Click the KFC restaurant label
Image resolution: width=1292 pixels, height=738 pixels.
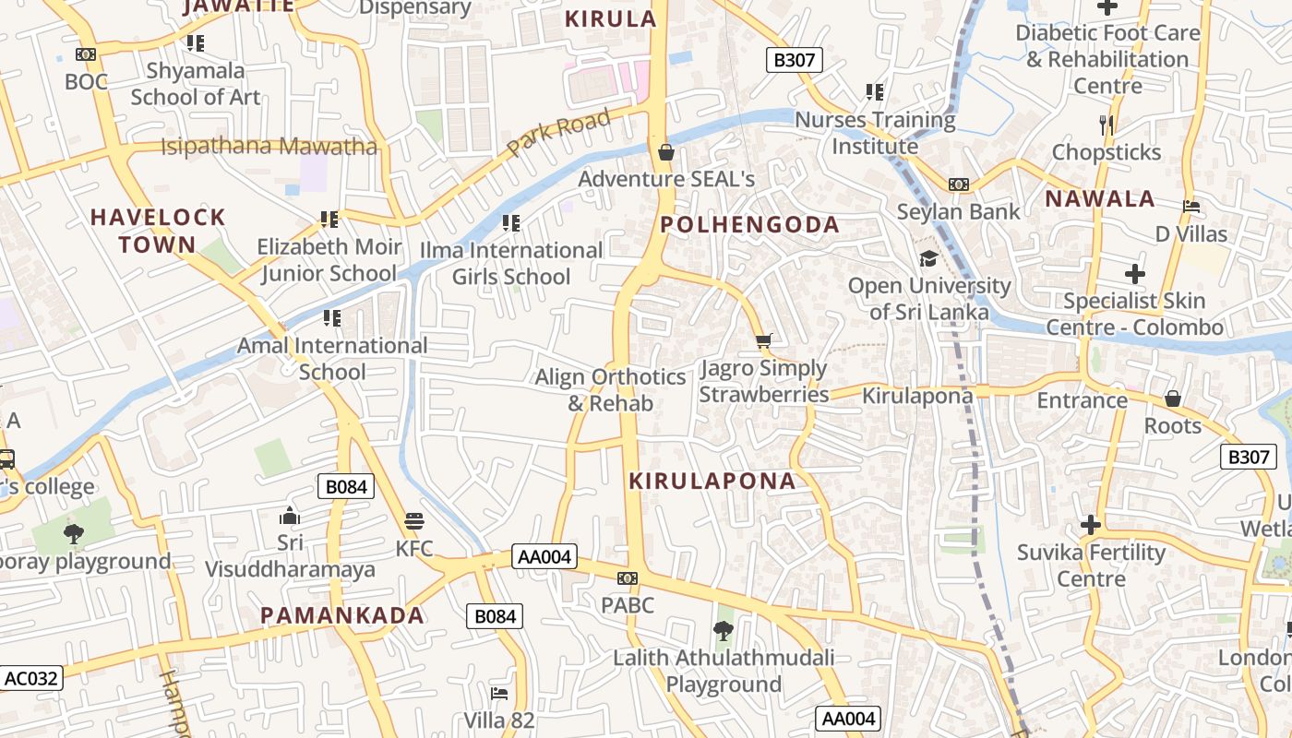click(x=414, y=548)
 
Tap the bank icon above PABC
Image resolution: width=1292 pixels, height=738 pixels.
click(x=628, y=578)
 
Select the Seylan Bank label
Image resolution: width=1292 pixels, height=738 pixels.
click(x=959, y=211)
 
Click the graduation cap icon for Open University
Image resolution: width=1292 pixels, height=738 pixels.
click(x=928, y=258)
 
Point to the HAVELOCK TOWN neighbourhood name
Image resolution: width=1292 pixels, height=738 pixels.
click(x=158, y=231)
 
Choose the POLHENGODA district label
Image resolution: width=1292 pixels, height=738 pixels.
click(x=749, y=225)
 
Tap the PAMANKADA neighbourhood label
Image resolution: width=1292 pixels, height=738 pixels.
click(x=342, y=615)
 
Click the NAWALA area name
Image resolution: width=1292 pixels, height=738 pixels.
click(x=1100, y=198)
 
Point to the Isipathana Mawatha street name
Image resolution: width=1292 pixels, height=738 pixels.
click(x=269, y=147)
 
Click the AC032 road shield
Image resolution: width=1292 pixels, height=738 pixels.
click(x=31, y=679)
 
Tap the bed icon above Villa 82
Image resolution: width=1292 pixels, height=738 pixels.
click(x=499, y=693)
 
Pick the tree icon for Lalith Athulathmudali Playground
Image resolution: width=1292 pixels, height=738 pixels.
click(x=724, y=631)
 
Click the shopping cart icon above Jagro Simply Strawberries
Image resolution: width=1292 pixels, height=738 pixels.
click(x=763, y=341)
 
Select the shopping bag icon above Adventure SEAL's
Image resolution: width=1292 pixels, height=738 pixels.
click(x=666, y=151)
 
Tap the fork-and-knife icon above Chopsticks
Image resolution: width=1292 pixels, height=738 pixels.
click(x=1107, y=125)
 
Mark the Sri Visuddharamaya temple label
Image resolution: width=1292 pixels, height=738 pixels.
click(x=290, y=555)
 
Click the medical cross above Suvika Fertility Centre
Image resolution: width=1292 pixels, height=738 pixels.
click(x=1091, y=525)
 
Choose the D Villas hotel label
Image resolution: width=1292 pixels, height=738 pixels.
click(x=1191, y=233)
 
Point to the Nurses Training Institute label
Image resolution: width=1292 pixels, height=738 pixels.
click(x=875, y=133)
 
